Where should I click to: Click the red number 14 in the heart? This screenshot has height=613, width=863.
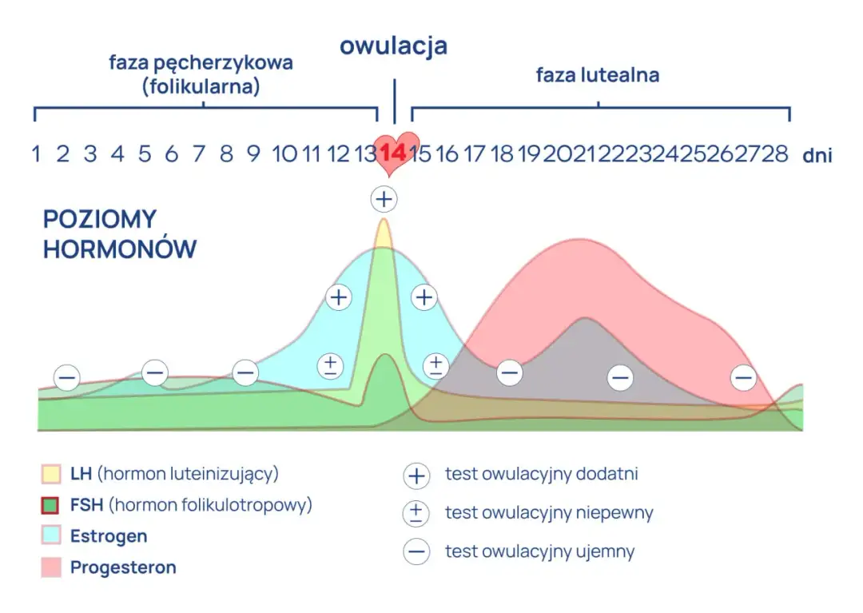pyautogui.click(x=392, y=152)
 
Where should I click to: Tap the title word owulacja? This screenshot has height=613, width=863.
pyautogui.click(x=393, y=46)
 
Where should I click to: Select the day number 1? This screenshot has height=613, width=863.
pyautogui.click(x=36, y=153)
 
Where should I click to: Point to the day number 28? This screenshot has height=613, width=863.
pyautogui.click(x=775, y=153)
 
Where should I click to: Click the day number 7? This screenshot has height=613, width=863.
pyautogui.click(x=199, y=153)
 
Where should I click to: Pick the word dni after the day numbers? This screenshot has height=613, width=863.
pyautogui.click(x=817, y=155)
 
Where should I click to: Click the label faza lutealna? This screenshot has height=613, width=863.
pyautogui.click(x=597, y=76)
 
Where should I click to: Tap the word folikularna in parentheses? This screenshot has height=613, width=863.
pyautogui.click(x=201, y=86)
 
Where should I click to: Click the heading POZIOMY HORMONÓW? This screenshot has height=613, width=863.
pyautogui.click(x=119, y=233)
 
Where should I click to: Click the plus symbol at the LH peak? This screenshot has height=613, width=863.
pyautogui.click(x=384, y=198)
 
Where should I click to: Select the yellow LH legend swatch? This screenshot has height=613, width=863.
pyautogui.click(x=51, y=474)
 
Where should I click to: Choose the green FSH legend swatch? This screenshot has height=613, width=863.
pyautogui.click(x=51, y=505)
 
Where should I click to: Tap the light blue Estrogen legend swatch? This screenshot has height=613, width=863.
pyautogui.click(x=51, y=536)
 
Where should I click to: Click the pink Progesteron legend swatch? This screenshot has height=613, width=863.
pyautogui.click(x=51, y=567)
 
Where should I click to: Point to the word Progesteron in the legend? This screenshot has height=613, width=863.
pyautogui.click(x=123, y=567)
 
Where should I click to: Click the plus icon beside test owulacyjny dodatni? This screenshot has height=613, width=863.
pyautogui.click(x=416, y=476)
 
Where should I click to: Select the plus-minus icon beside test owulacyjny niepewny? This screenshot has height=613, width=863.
pyautogui.click(x=416, y=513)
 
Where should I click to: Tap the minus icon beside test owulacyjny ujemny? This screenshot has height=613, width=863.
pyautogui.click(x=416, y=551)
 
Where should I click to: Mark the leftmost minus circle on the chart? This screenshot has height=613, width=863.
pyautogui.click(x=67, y=377)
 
